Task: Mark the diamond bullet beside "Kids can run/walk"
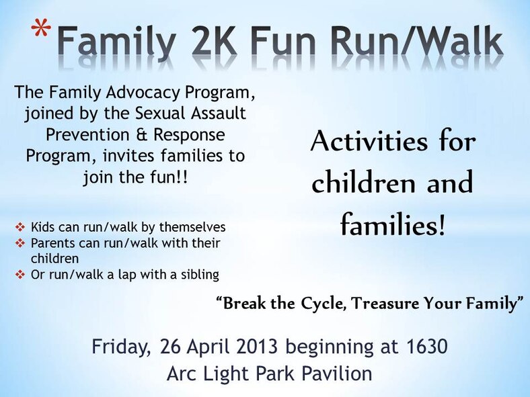pos(20,227)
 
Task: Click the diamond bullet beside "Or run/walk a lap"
pos(20,274)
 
